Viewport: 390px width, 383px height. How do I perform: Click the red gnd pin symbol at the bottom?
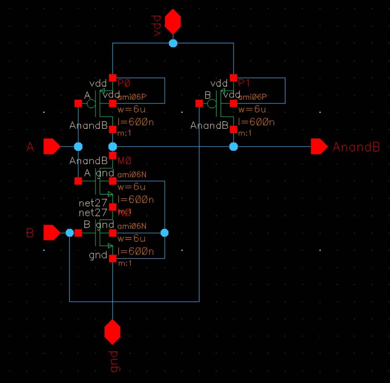(x=112, y=332)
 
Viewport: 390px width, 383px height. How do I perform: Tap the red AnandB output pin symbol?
(x=319, y=147)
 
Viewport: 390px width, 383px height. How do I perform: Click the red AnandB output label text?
(x=356, y=147)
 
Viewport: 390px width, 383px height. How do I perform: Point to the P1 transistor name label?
(x=245, y=82)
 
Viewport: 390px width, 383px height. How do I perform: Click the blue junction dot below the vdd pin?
(x=173, y=43)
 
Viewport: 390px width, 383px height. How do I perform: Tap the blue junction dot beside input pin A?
(x=78, y=147)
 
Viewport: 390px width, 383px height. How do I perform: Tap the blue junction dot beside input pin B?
(x=70, y=233)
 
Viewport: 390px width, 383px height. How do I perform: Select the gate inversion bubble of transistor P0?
(x=91, y=104)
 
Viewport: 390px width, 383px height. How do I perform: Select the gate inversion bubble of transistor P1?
(x=212, y=104)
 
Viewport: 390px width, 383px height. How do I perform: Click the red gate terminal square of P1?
(x=199, y=103)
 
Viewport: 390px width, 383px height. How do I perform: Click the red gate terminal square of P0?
(x=78, y=103)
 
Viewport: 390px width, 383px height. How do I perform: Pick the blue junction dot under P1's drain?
(x=234, y=147)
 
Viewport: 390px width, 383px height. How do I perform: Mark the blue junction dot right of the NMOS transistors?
(x=164, y=233)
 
